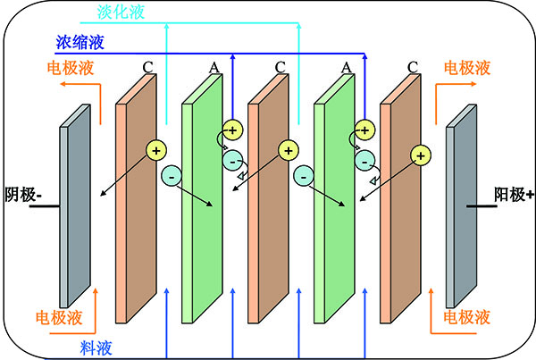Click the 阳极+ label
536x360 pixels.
(x=514, y=194)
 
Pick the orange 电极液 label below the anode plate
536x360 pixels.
(x=464, y=316)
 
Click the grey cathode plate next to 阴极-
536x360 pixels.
(x=76, y=214)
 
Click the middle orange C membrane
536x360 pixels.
(x=268, y=197)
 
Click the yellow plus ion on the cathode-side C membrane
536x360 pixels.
(x=156, y=151)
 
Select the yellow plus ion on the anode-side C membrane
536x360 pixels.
(x=418, y=155)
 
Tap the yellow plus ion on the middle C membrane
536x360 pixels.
(x=287, y=151)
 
